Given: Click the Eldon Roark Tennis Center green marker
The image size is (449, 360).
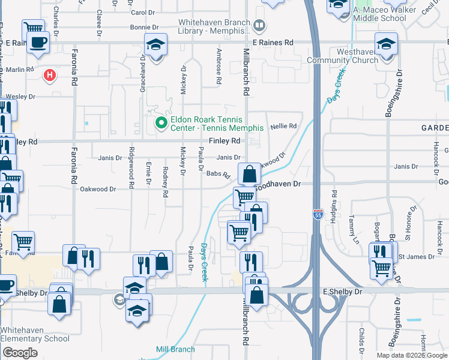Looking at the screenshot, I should click(x=160, y=124).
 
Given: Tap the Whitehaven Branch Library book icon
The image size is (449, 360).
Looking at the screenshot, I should click(x=259, y=25).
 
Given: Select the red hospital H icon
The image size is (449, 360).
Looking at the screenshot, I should click(x=50, y=75).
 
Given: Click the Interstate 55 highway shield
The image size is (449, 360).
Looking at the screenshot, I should click(x=316, y=214).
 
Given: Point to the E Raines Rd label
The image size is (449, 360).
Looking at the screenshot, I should click(x=273, y=43).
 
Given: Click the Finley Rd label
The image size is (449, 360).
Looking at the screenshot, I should click(x=224, y=141).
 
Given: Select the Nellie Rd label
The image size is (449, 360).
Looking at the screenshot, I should click(x=284, y=126).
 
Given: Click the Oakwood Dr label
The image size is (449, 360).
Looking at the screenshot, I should click(x=98, y=189).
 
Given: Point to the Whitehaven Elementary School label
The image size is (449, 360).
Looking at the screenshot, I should click(x=35, y=334).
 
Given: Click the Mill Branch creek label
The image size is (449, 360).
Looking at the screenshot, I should click(x=175, y=349).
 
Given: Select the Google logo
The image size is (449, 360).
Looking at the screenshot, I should click(x=20, y=353).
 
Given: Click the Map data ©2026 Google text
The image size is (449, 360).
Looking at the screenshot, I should click(x=411, y=355).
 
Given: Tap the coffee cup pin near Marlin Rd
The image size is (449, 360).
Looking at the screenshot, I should click(x=38, y=43).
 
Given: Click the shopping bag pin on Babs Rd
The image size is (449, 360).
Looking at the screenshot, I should click(x=249, y=175).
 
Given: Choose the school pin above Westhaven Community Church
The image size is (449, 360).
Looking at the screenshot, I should click(x=386, y=44).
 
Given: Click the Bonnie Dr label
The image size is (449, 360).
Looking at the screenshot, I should click(x=144, y=28).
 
